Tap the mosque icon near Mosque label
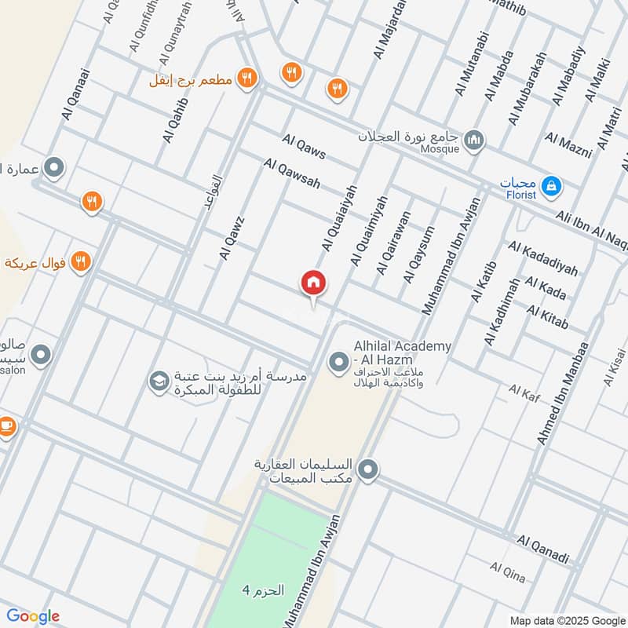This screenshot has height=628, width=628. [x=473, y=141]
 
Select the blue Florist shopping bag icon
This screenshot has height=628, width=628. [x=553, y=186]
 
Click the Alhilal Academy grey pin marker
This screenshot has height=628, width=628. [x=338, y=363]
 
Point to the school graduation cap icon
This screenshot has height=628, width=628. [x=159, y=382]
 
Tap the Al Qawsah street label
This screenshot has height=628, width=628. [x=292, y=175]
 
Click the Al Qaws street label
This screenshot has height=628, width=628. [x=304, y=146]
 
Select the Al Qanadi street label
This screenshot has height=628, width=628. [x=543, y=549]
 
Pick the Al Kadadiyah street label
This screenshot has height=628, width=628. [x=543, y=260]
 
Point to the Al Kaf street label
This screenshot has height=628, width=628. [x=520, y=389]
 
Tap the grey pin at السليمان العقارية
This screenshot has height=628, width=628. [x=367, y=471]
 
